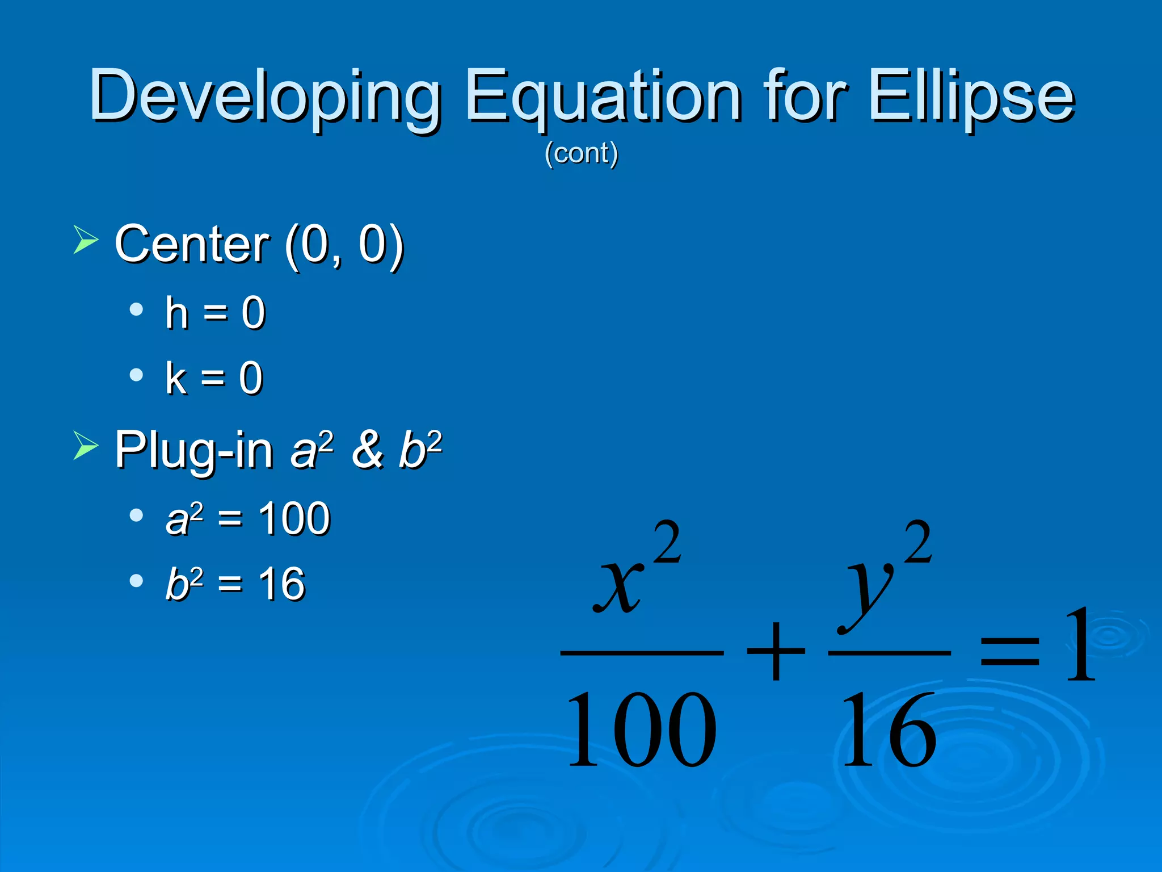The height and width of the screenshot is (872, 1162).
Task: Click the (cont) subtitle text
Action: [581, 153]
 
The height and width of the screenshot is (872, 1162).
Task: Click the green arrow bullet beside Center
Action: [86, 239]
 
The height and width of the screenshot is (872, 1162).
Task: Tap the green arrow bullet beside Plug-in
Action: [86, 445]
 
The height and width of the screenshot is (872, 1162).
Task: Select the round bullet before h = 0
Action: [136, 309]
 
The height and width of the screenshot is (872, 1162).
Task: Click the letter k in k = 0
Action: [176, 378]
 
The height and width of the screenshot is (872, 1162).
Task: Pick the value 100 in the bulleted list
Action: [294, 519]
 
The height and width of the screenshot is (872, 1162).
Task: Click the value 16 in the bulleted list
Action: [281, 584]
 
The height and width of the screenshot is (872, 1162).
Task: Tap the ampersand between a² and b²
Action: [367, 450]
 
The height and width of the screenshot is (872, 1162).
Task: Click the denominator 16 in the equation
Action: [889, 730]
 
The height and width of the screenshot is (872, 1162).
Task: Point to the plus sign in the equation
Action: [776, 651]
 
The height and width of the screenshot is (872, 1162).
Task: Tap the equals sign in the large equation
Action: [1010, 651]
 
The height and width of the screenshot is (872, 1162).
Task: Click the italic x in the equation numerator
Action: [618, 585]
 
